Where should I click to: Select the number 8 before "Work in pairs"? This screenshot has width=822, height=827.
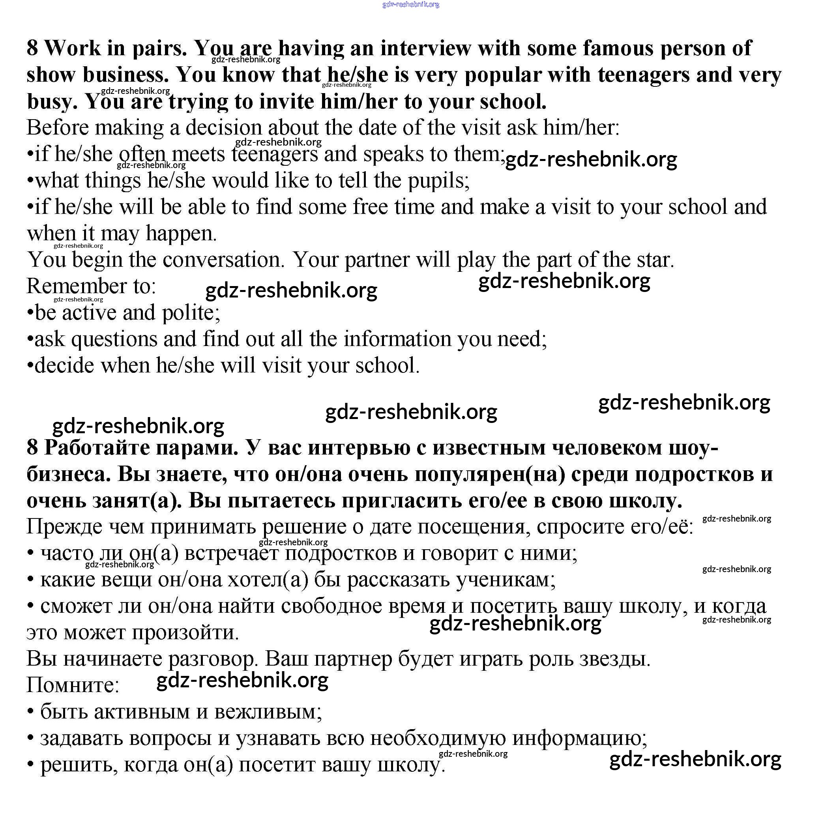[32, 48]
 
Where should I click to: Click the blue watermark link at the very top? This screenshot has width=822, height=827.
[410, 4]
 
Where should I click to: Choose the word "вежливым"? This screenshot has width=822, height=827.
[268, 712]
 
